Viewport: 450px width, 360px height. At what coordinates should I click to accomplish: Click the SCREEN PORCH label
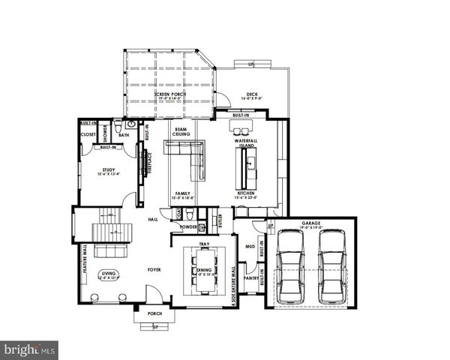pyautogui.click(x=170, y=94)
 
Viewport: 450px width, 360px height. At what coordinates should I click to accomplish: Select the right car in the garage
pyautogui.click(x=332, y=265)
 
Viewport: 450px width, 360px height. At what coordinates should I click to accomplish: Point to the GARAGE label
pyautogui.click(x=311, y=223)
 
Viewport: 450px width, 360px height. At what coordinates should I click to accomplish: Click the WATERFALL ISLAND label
pyautogui.click(x=245, y=142)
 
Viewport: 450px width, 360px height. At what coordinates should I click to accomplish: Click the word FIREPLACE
pyautogui.click(x=148, y=163)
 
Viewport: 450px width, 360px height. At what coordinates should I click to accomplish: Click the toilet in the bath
pyautogui.click(x=130, y=124)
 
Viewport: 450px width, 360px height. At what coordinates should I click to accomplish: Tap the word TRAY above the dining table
pyautogui.click(x=203, y=244)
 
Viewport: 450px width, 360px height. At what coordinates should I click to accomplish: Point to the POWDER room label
pyautogui.click(x=188, y=226)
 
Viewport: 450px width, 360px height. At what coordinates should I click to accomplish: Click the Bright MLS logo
pyautogui.click(x=30, y=349)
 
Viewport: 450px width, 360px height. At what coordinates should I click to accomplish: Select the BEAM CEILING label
pyautogui.click(x=181, y=132)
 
